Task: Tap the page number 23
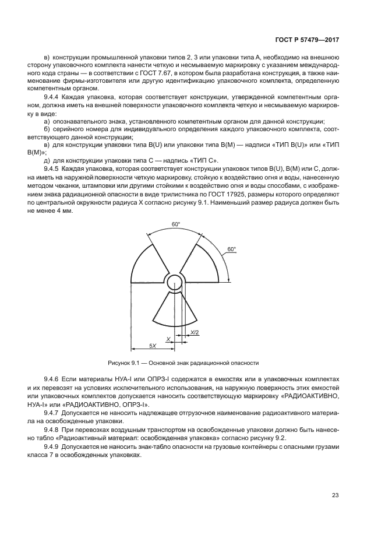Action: (x=335, y=495)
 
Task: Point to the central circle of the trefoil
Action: (x=174, y=282)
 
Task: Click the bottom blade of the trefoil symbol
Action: (x=174, y=309)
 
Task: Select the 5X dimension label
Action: (x=152, y=345)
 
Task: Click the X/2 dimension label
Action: (x=194, y=333)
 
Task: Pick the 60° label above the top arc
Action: (x=175, y=224)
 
